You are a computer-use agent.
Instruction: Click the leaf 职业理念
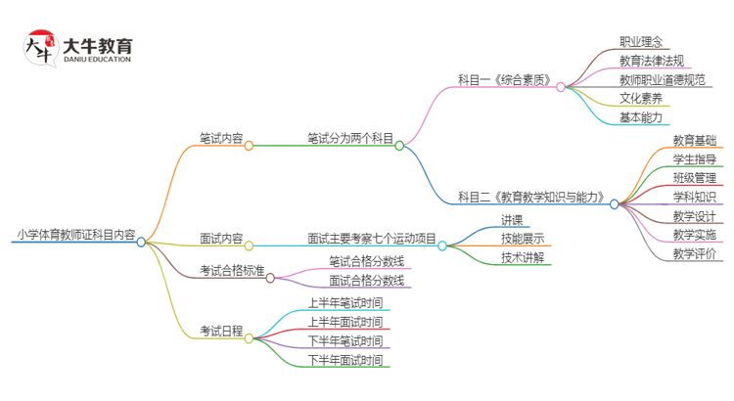click(641, 42)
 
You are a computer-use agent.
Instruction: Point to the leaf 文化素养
click(641, 99)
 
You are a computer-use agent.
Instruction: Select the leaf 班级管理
click(694, 178)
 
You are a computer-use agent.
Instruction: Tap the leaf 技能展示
click(523, 239)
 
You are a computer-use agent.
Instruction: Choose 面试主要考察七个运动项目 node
click(371, 238)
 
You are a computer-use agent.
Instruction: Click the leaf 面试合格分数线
click(366, 280)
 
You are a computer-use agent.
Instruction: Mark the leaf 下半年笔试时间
click(345, 341)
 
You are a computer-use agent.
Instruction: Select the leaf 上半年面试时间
click(345, 322)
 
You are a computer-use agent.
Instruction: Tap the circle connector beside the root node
click(141, 242)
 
